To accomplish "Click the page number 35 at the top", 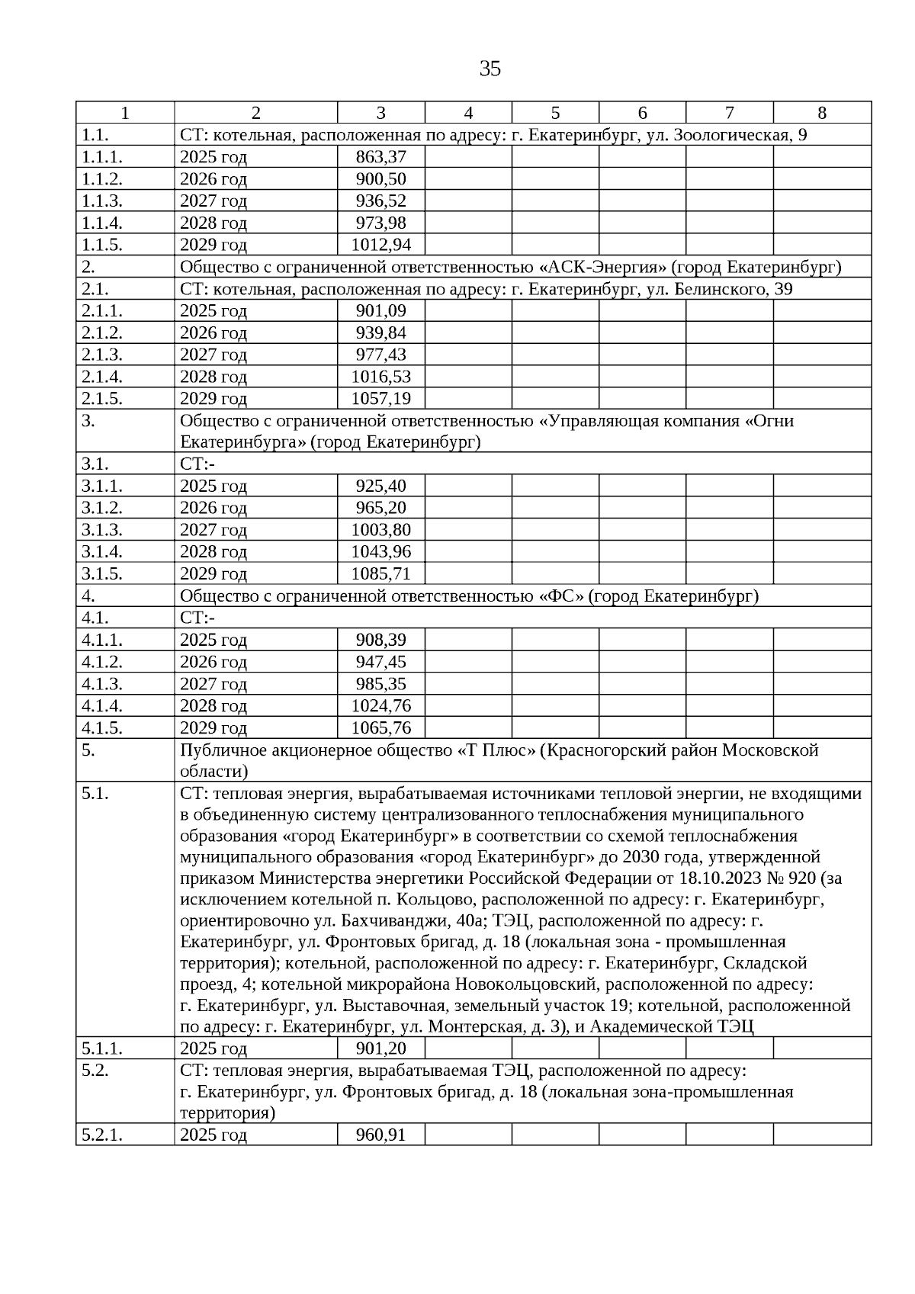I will [x=490, y=69].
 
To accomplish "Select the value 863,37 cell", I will [x=380, y=157].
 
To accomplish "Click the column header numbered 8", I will [x=821, y=113].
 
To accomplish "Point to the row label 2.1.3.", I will [x=102, y=355].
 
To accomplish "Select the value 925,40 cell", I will [x=380, y=486].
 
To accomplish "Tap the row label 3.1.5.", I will [x=102, y=573].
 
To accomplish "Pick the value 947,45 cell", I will [x=380, y=662].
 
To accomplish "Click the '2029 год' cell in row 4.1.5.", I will [x=213, y=727].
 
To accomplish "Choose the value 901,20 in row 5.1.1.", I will [x=380, y=1048].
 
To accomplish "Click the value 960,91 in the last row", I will [x=380, y=1135].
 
